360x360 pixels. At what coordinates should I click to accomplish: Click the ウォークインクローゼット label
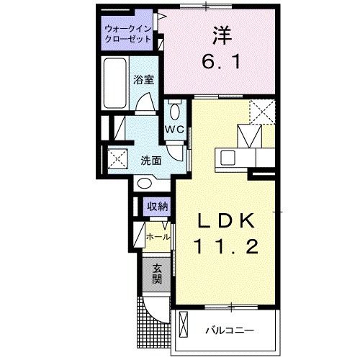point(127,34)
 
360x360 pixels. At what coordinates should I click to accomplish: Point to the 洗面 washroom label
point(150,160)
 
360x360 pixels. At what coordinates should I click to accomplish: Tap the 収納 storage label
point(158,206)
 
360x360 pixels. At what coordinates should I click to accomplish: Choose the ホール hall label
point(158,236)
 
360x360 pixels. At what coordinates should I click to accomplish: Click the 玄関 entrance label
point(156,274)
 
